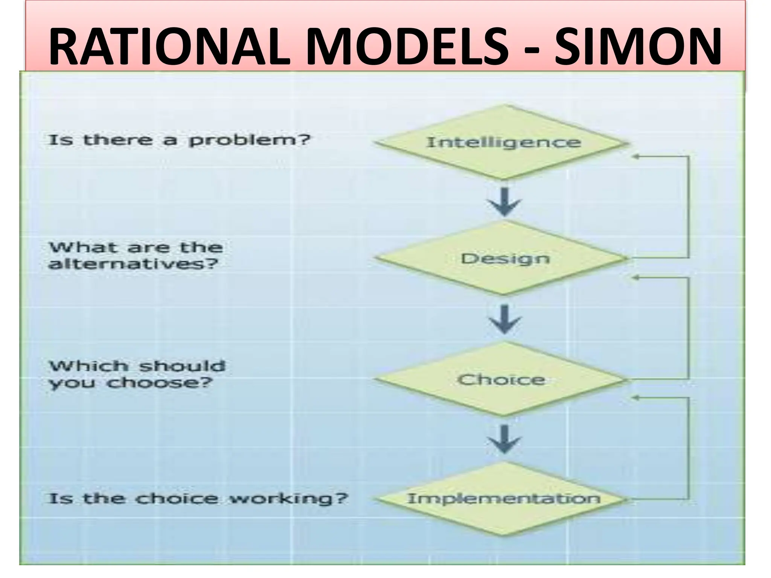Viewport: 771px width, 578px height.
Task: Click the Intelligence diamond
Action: (503, 143)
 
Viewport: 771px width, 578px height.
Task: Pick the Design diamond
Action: (503, 259)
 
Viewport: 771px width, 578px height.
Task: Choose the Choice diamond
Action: (503, 379)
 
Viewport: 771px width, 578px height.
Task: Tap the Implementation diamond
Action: (503, 499)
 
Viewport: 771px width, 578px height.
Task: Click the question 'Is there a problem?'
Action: (179, 140)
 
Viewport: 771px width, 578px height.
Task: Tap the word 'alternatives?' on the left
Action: (134, 264)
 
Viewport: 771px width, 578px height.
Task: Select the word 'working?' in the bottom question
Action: (288, 499)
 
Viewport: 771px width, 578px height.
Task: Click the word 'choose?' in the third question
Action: (160, 383)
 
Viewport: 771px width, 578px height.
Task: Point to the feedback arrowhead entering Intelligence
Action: (635, 157)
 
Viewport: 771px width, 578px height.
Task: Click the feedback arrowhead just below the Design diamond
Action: (635, 278)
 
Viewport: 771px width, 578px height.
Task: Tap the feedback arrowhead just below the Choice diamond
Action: (635, 397)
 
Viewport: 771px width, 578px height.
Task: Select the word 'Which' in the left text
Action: (87, 366)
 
